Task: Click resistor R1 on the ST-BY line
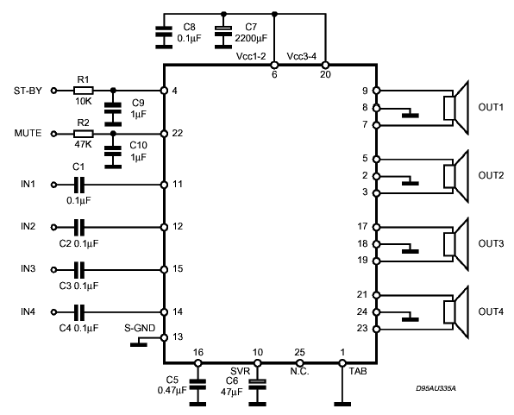pos(84,91)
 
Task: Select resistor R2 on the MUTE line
pos(84,134)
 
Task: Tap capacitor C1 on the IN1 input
pos(79,185)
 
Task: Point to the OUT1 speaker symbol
pos(456,108)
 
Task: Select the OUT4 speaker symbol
pos(456,311)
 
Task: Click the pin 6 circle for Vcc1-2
pos(274,65)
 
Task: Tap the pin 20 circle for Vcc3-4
pos(325,65)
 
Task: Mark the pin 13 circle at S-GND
pos(164,337)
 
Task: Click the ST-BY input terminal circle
pos(54,91)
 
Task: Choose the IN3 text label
pos(28,269)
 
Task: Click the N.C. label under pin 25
pos(299,372)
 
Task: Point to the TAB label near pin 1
pos(358,371)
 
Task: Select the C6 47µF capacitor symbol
pos(258,385)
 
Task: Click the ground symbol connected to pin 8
pos(411,115)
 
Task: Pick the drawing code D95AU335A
pos(436,389)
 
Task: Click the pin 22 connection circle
pos(164,134)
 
